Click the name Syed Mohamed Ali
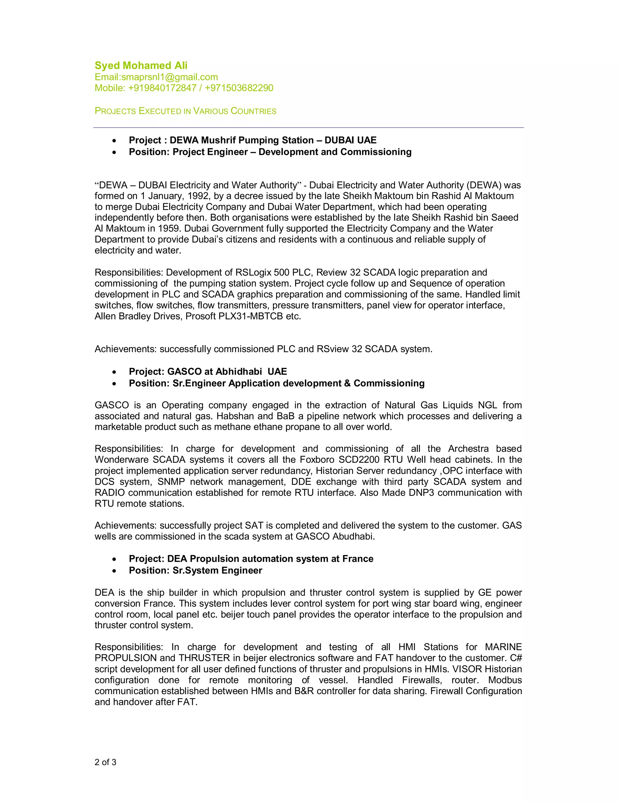click(141, 65)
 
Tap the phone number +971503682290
click(239, 88)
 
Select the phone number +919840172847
click(162, 88)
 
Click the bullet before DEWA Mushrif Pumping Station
click(115, 141)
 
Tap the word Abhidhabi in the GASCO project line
click(239, 372)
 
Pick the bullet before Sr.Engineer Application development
click(115, 384)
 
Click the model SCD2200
click(361, 460)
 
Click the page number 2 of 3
click(105, 762)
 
